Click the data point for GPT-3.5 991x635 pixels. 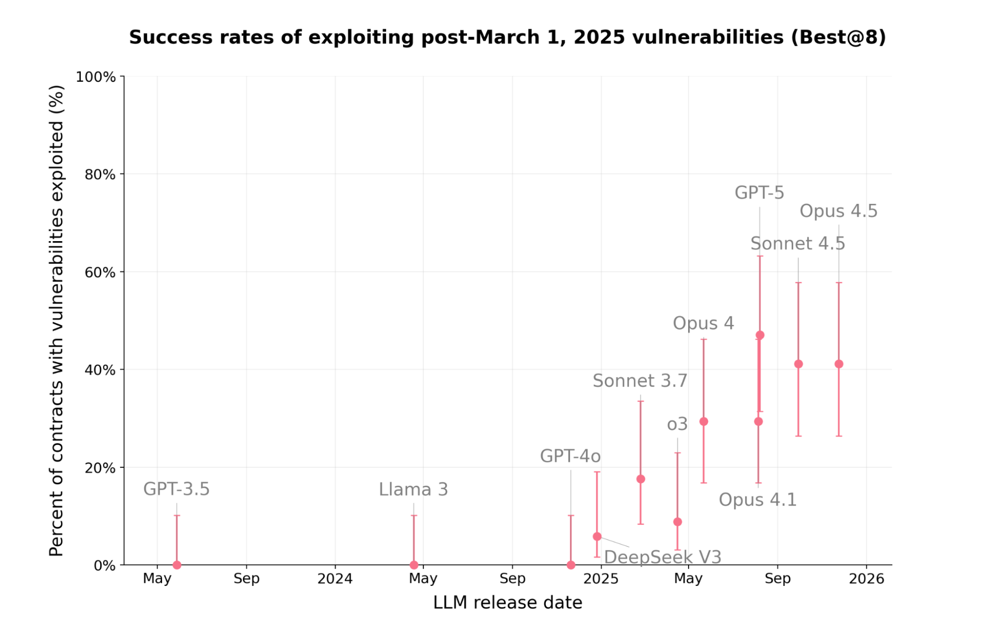click(x=177, y=565)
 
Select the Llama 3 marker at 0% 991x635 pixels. click(x=414, y=565)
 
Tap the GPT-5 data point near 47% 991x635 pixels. click(x=760, y=335)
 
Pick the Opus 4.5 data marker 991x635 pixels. click(x=839, y=364)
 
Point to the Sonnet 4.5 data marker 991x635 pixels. click(x=798, y=364)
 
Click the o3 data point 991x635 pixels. click(x=678, y=522)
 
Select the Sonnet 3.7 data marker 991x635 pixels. click(x=641, y=479)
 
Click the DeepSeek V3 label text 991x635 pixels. click(x=662, y=557)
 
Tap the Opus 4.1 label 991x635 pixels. click(x=758, y=500)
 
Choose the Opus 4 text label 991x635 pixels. click(x=703, y=323)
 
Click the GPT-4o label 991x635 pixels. click(x=570, y=456)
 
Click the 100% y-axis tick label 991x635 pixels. click(x=96, y=77)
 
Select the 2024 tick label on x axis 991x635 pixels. click(x=335, y=578)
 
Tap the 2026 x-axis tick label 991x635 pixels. click(x=866, y=578)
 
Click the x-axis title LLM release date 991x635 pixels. click(x=507, y=602)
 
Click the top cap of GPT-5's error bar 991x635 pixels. click(x=760, y=256)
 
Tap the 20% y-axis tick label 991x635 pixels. click(x=100, y=467)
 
